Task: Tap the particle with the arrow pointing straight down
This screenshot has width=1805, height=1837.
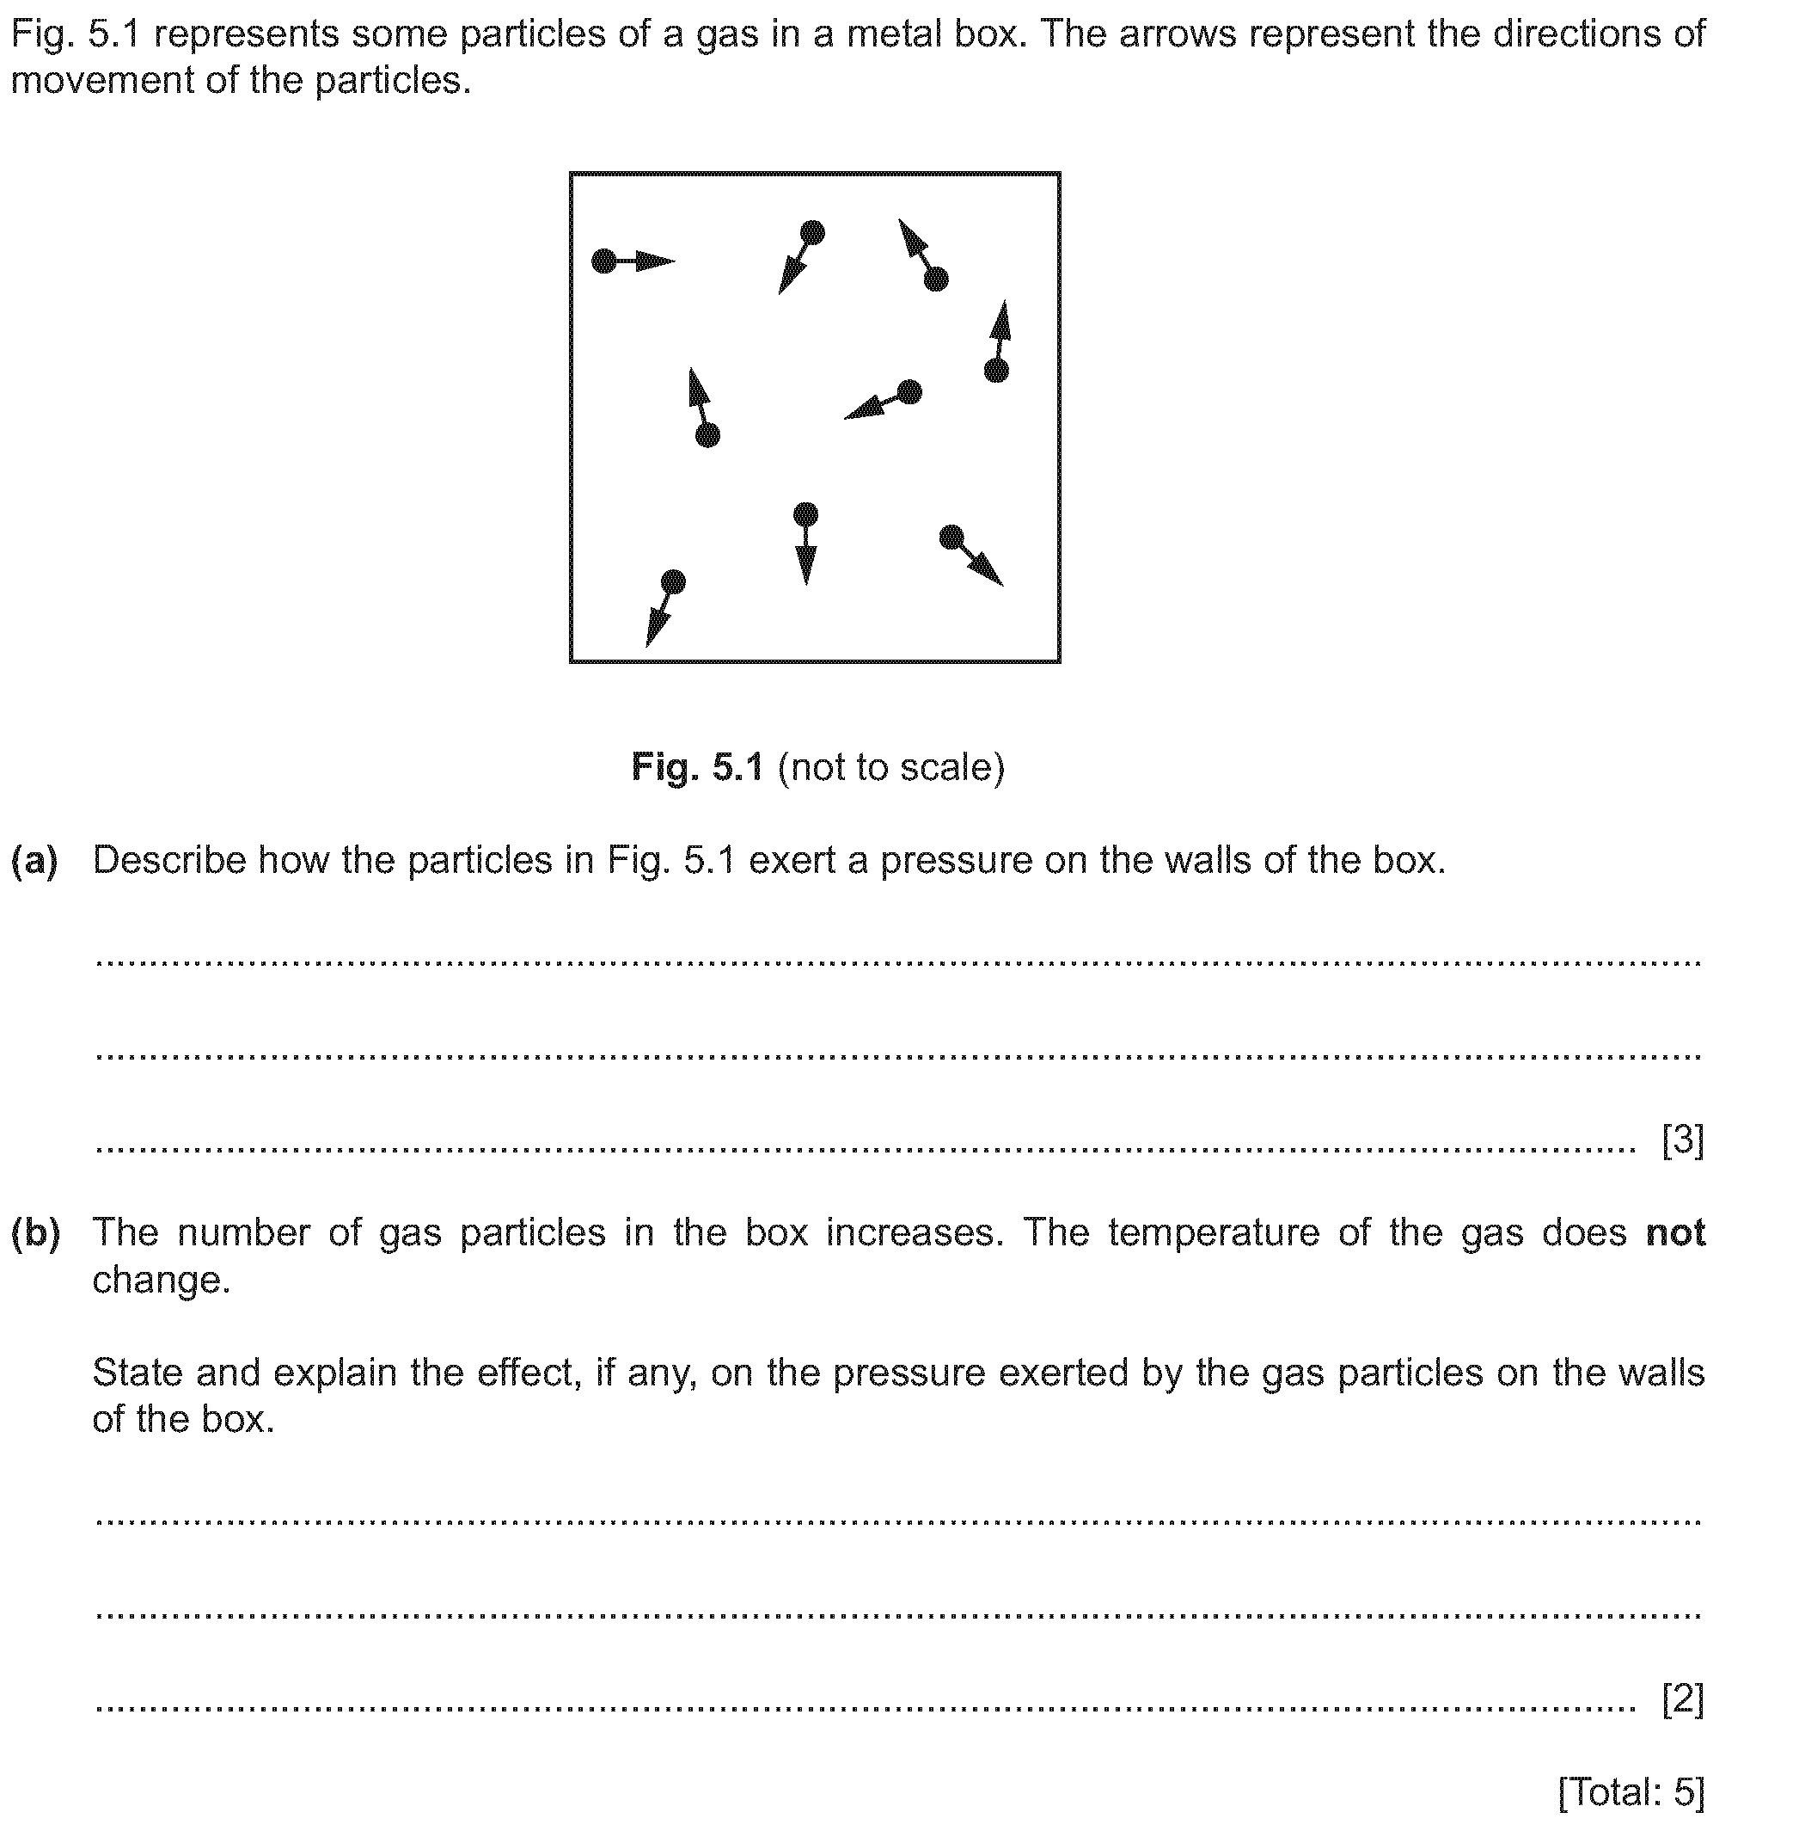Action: click(x=805, y=515)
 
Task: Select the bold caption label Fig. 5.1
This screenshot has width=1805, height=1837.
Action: click(x=697, y=767)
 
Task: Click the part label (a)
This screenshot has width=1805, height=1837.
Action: click(x=34, y=860)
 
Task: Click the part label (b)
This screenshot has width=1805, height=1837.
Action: click(x=35, y=1233)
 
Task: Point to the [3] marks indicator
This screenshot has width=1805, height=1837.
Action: click(x=1683, y=1139)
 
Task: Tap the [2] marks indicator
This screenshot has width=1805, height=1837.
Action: click(x=1683, y=1699)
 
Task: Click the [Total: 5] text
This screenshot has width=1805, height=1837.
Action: click(x=1631, y=1791)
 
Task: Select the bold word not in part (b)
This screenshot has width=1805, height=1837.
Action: click(x=1675, y=1233)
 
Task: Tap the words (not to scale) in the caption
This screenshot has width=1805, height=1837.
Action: click(x=891, y=767)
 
